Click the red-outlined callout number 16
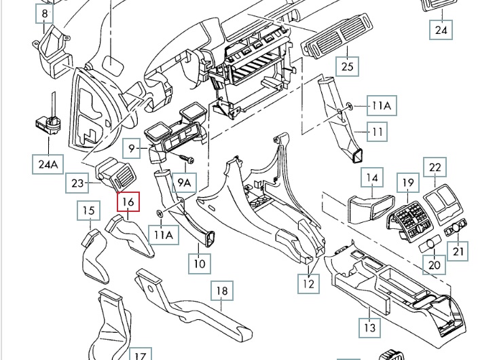tap(128, 202)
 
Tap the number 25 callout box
tap(347, 66)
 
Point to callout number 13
tap(369, 327)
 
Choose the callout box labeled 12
tap(309, 283)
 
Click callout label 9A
tap(184, 182)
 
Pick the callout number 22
tap(435, 167)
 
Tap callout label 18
tap(221, 291)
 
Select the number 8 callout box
tap(45, 13)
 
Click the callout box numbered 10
tap(200, 263)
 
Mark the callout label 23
tap(77, 183)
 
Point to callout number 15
tap(89, 211)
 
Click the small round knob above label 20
tap(430, 243)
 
